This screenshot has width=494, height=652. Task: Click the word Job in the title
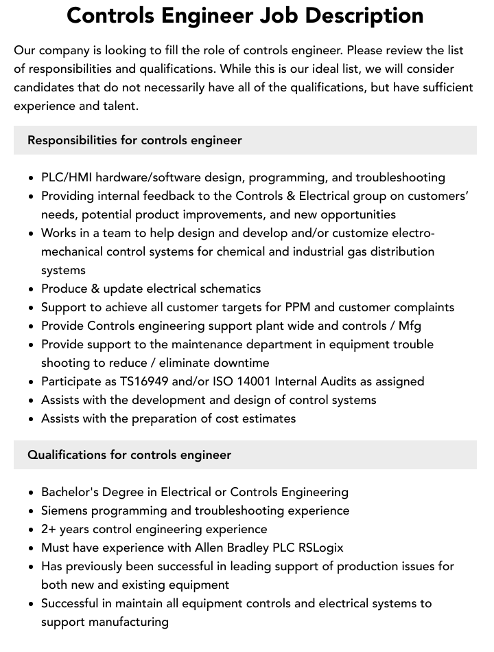point(283,15)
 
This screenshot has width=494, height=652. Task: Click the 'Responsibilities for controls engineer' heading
point(134,140)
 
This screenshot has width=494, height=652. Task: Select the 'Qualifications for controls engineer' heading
point(129,455)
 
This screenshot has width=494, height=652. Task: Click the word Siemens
point(64,510)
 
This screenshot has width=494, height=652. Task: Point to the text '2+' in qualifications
point(49,529)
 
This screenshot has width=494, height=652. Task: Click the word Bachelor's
point(71,492)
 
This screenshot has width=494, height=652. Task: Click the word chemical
point(242,251)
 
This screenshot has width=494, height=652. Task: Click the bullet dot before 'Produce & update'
point(32,289)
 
